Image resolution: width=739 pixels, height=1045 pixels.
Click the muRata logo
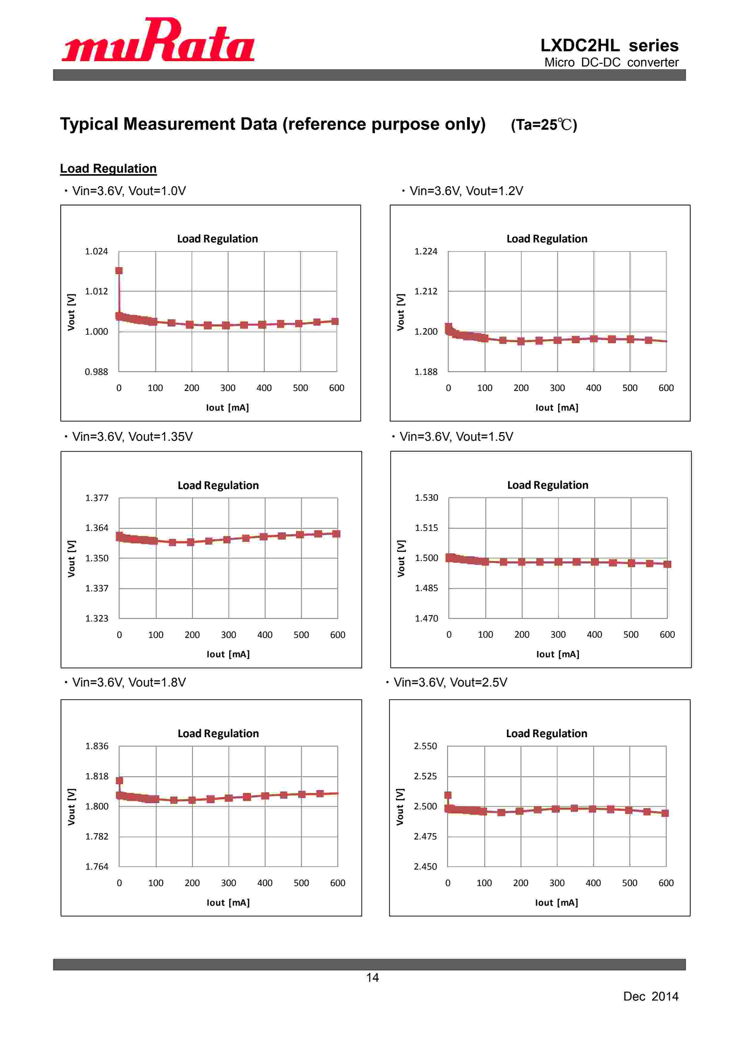(x=158, y=40)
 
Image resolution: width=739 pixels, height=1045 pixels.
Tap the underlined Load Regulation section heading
(x=108, y=169)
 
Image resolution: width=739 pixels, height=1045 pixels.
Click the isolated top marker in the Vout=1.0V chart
(x=119, y=271)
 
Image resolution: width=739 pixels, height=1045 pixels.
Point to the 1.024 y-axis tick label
(x=97, y=251)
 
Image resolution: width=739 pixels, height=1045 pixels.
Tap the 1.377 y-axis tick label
(x=97, y=498)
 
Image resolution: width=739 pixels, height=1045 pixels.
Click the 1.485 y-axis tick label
(x=426, y=588)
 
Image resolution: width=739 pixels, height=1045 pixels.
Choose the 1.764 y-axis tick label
(x=97, y=867)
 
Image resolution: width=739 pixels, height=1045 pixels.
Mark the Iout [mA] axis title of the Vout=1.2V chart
(x=557, y=408)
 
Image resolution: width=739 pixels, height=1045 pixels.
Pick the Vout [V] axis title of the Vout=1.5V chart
(x=401, y=559)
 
